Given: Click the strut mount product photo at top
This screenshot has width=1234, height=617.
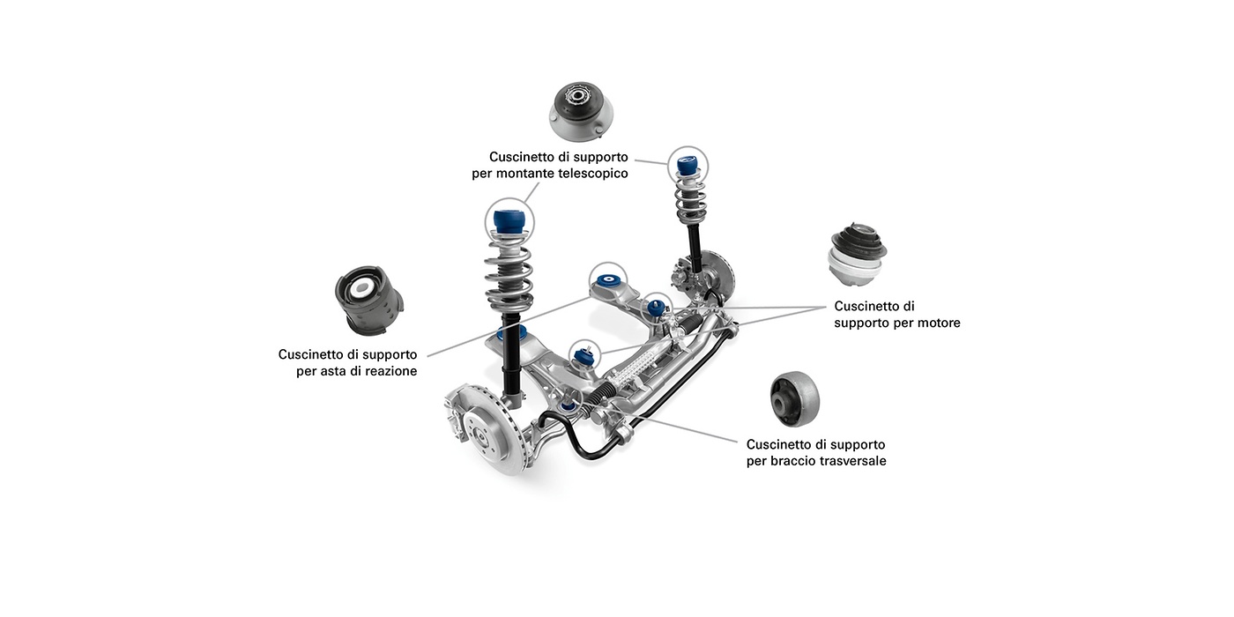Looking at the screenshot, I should click(581, 111).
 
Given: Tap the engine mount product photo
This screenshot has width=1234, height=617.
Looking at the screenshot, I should click(857, 255).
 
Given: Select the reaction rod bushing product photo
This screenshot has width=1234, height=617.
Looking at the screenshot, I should click(368, 300).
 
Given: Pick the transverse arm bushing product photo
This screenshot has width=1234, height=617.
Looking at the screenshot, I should click(794, 398).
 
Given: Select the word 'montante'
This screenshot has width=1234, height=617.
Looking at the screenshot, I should click(524, 174).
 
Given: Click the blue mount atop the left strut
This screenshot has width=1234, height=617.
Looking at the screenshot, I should click(509, 220).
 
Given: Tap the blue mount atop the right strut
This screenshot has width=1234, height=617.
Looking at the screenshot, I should click(688, 165).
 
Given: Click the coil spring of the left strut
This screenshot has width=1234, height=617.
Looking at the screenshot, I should click(509, 273).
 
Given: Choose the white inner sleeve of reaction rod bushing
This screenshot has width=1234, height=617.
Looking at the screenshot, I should click(361, 288).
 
